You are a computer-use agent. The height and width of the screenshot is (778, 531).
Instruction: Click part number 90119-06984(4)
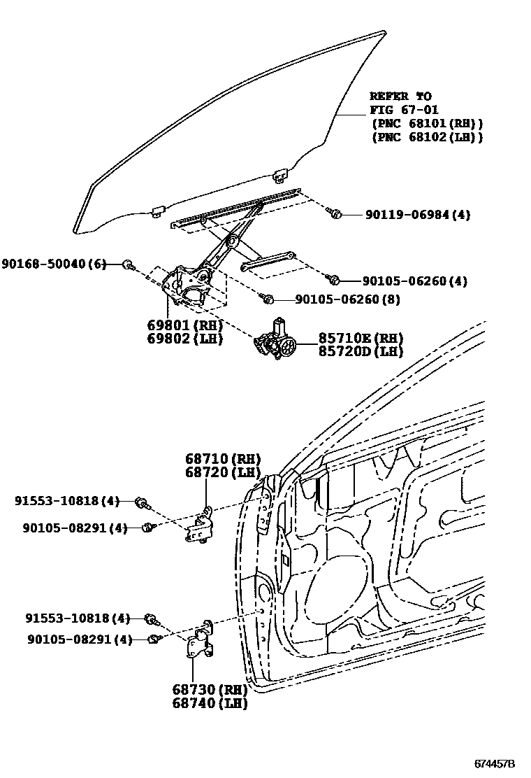pyautogui.click(x=417, y=215)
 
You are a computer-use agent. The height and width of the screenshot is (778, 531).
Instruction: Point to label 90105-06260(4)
pyautogui.click(x=415, y=281)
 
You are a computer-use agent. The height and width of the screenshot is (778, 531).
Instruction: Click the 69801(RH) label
pyautogui.click(x=184, y=326)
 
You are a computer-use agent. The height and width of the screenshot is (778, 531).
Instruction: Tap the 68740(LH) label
pyautogui.click(x=210, y=704)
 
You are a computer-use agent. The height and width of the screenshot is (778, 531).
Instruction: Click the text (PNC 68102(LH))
pyautogui.click(x=426, y=137)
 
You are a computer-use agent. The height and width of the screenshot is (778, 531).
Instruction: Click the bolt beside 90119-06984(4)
pyautogui.click(x=335, y=213)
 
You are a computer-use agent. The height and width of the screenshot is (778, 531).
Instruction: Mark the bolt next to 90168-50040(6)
pyautogui.click(x=128, y=264)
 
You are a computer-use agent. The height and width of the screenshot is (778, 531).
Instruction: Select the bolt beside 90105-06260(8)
pyautogui.click(x=268, y=299)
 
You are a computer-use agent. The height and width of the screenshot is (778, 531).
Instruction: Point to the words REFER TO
pyautogui.click(x=400, y=97)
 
